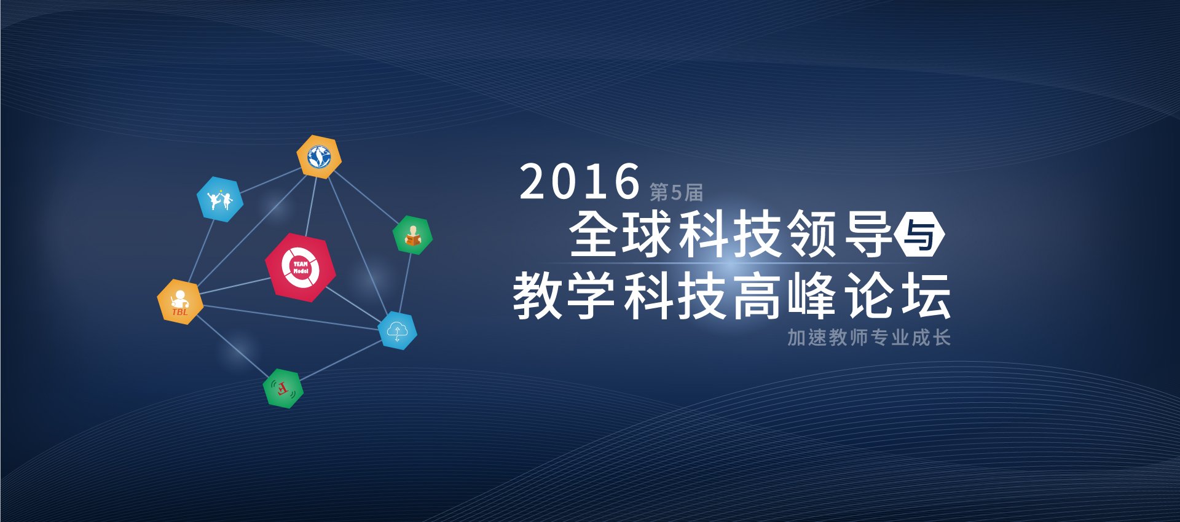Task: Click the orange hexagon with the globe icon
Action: point(319,157)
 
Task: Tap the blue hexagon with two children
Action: point(220,199)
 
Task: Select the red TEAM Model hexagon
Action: point(301,267)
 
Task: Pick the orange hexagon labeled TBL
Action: point(180,302)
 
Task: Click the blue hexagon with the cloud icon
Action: point(398,330)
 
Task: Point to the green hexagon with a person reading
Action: point(412,235)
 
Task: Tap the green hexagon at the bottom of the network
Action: point(283,388)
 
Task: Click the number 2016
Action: point(580,182)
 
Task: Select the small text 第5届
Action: point(676,192)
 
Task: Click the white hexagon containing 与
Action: point(919,234)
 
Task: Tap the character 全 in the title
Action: point(593,233)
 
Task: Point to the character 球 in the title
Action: point(647,233)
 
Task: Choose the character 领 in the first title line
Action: point(812,233)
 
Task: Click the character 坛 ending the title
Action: point(926,296)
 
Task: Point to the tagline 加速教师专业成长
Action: point(869,337)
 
